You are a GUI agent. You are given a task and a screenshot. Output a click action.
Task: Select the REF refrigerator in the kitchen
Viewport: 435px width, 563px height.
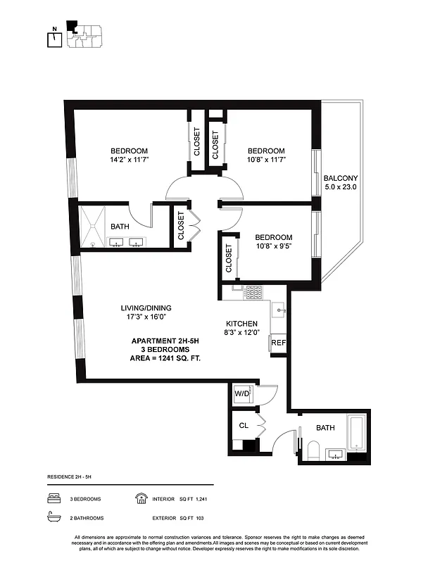[278, 343]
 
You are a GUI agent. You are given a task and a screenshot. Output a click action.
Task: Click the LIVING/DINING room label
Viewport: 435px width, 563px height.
[146, 308]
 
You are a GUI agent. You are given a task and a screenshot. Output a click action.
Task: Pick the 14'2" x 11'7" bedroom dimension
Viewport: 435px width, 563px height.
[129, 160]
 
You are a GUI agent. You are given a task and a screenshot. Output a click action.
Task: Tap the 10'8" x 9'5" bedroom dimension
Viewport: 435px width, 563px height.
[273, 246]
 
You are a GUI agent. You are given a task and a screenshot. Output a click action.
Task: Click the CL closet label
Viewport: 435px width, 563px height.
[244, 425]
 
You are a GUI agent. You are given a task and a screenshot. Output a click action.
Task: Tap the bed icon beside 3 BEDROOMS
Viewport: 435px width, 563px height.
[52, 498]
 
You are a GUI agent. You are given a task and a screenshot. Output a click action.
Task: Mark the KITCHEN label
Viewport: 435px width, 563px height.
[241, 324]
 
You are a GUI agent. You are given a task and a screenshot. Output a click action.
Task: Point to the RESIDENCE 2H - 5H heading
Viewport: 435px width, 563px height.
[69, 477]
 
